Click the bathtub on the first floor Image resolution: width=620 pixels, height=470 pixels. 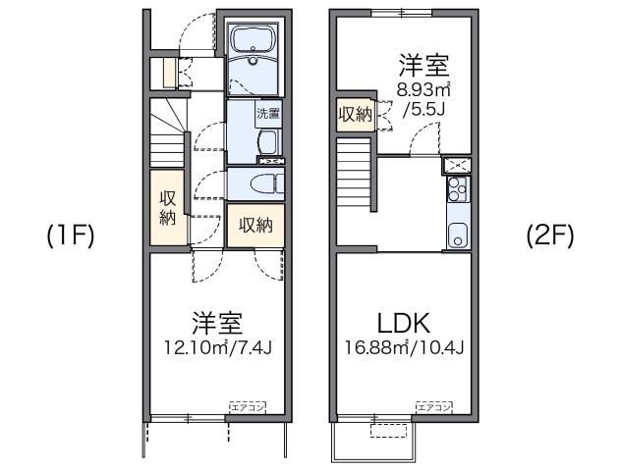coord(254,44)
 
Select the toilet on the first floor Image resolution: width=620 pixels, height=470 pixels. coord(259,183)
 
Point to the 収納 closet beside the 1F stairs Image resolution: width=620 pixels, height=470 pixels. coord(166,208)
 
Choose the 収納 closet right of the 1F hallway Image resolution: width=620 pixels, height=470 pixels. coord(254,225)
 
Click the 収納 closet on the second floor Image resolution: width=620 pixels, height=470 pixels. coord(355,115)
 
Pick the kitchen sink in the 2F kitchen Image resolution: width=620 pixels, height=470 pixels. coord(457,234)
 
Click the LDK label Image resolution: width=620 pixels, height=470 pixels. coord(404,323)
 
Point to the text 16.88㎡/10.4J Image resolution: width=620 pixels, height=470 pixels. coord(404,349)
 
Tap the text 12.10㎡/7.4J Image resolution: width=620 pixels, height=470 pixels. coord(217,349)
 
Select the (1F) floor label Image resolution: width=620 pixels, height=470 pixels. coord(70,236)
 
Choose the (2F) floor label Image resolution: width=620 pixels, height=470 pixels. coord(548,236)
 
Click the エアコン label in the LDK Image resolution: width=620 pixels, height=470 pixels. coord(432,404)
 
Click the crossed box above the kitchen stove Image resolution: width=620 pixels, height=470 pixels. coord(457,164)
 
